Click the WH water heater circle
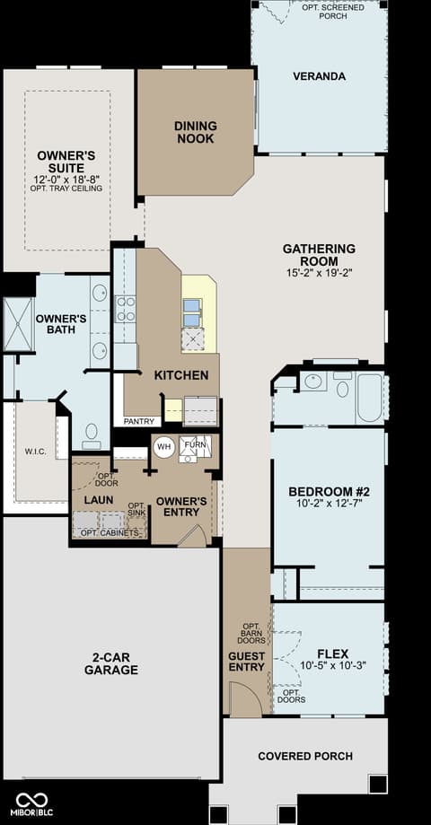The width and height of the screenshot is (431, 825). click(x=164, y=447)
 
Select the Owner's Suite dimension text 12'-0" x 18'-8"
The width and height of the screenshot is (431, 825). click(x=66, y=179)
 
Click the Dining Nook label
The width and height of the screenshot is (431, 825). click(x=195, y=132)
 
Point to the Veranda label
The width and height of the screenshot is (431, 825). click(x=320, y=76)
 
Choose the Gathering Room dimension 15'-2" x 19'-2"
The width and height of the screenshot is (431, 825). click(x=319, y=273)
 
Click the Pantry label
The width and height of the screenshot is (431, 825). click(x=139, y=421)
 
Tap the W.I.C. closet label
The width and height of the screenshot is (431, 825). click(x=36, y=452)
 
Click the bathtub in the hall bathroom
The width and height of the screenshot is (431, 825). click(x=370, y=398)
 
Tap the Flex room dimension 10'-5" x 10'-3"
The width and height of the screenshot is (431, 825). click(x=332, y=664)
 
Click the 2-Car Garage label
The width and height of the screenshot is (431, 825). click(x=111, y=663)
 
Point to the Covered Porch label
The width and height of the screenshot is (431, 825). click(x=305, y=756)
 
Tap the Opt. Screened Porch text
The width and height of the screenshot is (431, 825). click(x=332, y=12)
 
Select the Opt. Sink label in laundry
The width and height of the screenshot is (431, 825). click(x=136, y=508)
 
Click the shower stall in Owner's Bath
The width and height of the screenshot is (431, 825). click(x=19, y=324)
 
